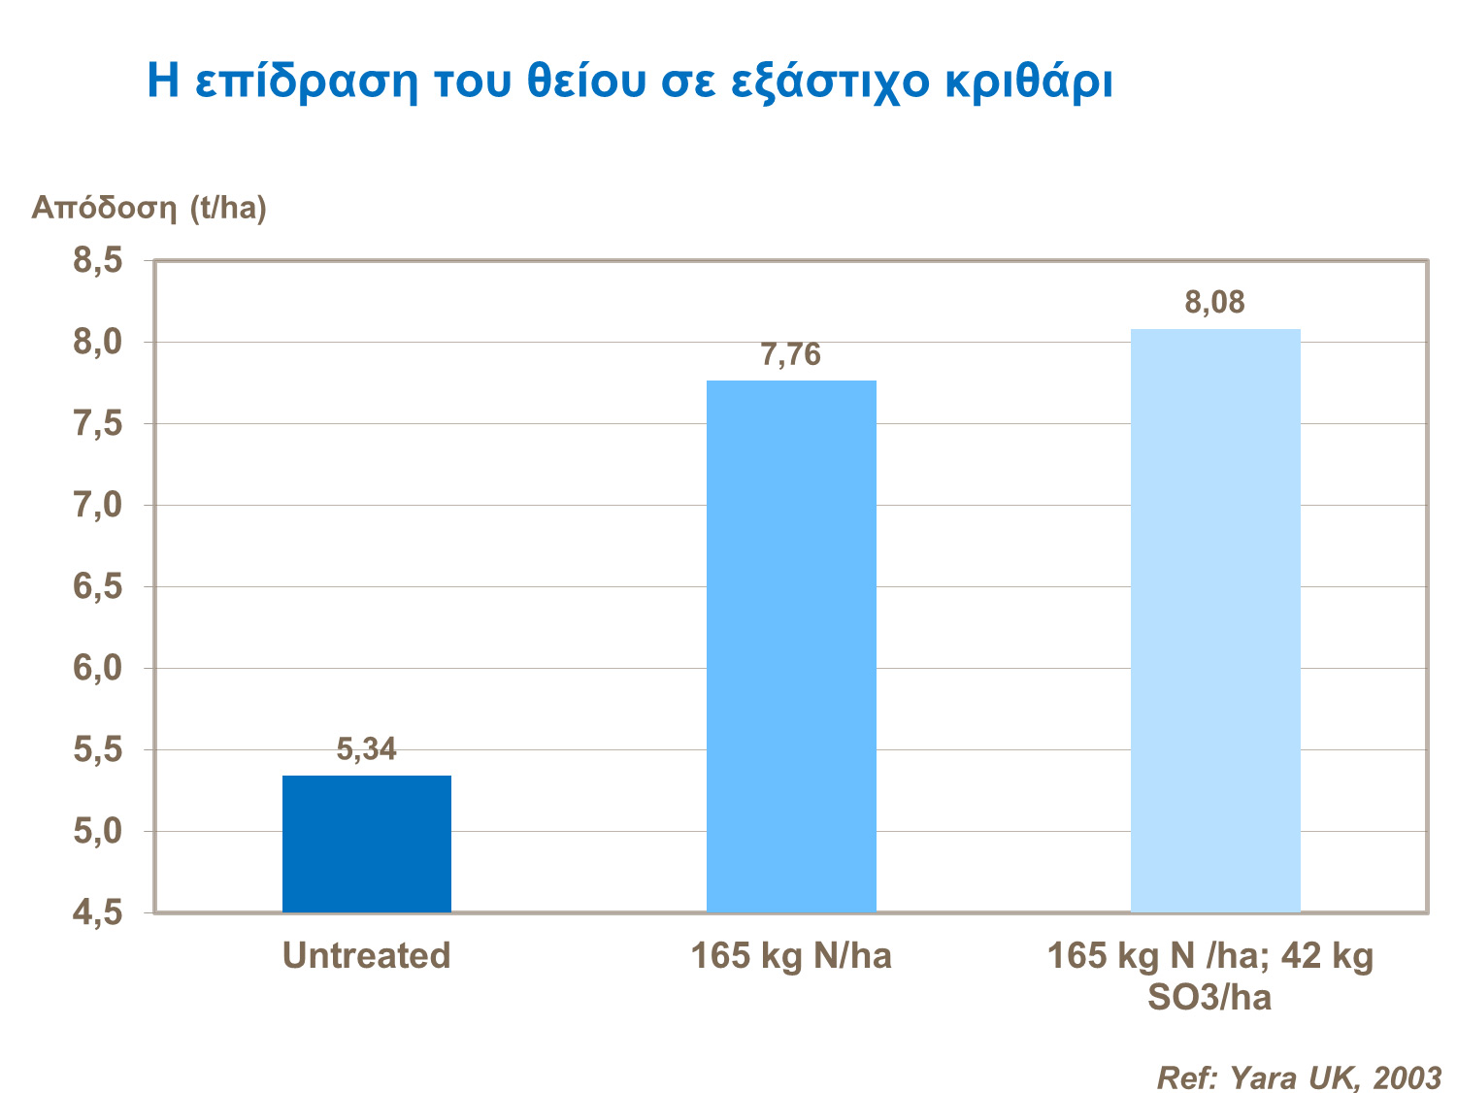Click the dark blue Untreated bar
coord(367,844)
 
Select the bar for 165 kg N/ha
coord(791,646)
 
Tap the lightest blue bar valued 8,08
coord(1215,620)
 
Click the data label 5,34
coord(367,749)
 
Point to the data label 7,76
coord(791,355)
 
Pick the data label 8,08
coord(1214,303)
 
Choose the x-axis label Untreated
coord(367,956)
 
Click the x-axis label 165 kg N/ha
coord(791,956)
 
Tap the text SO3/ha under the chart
coord(1209,998)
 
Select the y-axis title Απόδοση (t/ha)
coord(149,208)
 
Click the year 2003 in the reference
coord(1407,1078)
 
